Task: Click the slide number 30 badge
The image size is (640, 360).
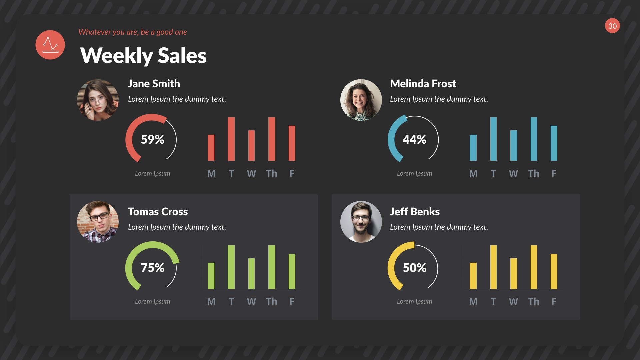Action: pos(612,26)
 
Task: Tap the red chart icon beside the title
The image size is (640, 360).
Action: pos(50,45)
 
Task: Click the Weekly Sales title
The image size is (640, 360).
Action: pos(143,55)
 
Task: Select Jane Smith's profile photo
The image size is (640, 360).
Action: pos(98,100)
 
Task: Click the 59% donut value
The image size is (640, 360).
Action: pos(152,139)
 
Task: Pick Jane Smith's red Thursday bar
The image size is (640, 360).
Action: pos(272,139)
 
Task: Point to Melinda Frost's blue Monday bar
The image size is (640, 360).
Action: pos(473,148)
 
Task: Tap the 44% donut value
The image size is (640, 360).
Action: pos(414,139)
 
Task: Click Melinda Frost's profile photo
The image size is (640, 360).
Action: pos(361,100)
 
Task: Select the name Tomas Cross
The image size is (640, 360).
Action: pos(158,212)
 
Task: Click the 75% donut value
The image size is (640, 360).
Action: pos(152,268)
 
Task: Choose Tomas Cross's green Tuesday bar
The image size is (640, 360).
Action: pos(231,267)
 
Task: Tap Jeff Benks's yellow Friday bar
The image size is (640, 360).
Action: pos(554,271)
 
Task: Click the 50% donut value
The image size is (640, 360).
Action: pos(414,268)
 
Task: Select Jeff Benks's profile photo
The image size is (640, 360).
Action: pos(361,222)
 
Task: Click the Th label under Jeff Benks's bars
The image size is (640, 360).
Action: pos(533,301)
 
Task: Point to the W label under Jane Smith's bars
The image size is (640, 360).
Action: pos(251,173)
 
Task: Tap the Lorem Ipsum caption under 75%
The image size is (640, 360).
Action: pos(152,301)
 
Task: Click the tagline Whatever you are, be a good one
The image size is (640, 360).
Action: pos(132,32)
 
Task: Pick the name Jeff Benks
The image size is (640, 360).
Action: pos(415,212)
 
